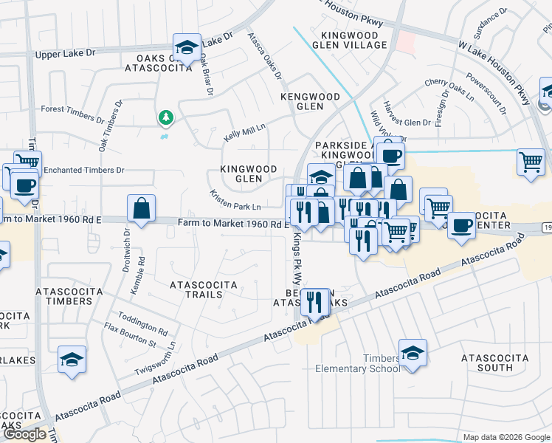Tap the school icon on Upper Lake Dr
coord(187,47)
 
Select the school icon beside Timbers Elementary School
coord(413,352)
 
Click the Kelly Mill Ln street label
coord(245,134)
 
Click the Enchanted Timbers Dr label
coord(83,170)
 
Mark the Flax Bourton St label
coord(130,335)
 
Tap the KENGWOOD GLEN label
coord(309,101)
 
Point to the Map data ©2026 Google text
coord(506,437)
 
